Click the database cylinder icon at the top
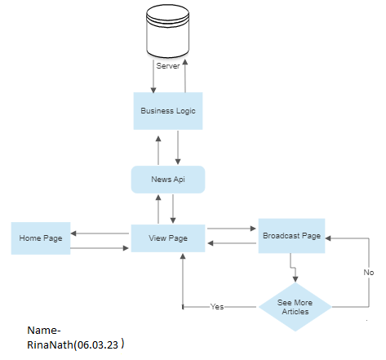click(x=166, y=30)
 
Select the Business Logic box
click(x=167, y=110)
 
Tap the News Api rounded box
click(x=167, y=180)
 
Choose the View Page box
click(x=167, y=238)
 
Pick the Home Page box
click(x=41, y=238)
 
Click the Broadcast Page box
click(x=291, y=235)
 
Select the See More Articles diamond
click(x=295, y=307)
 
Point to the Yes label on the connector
click(x=217, y=307)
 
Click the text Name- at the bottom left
click(x=44, y=331)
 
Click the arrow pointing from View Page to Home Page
click(x=102, y=233)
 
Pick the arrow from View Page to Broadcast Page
click(x=232, y=229)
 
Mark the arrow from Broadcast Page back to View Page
click(x=232, y=243)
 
